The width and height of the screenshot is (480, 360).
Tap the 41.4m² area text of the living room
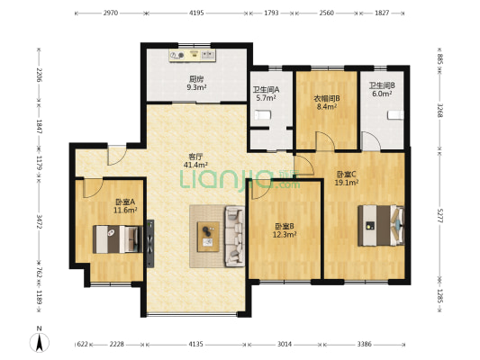195,166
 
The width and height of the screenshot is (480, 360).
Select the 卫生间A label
266,90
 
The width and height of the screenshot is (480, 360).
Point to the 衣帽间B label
326,98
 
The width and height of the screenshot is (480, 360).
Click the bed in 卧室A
118,238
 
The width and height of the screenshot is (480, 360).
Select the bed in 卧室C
381,224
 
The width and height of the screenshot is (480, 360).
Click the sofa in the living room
234,235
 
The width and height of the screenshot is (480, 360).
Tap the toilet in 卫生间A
263,114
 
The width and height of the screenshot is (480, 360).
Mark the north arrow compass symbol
41,341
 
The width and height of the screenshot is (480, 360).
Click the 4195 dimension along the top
196,13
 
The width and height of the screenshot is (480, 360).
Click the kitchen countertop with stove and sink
195,55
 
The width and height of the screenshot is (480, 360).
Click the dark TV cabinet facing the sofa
154,240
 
